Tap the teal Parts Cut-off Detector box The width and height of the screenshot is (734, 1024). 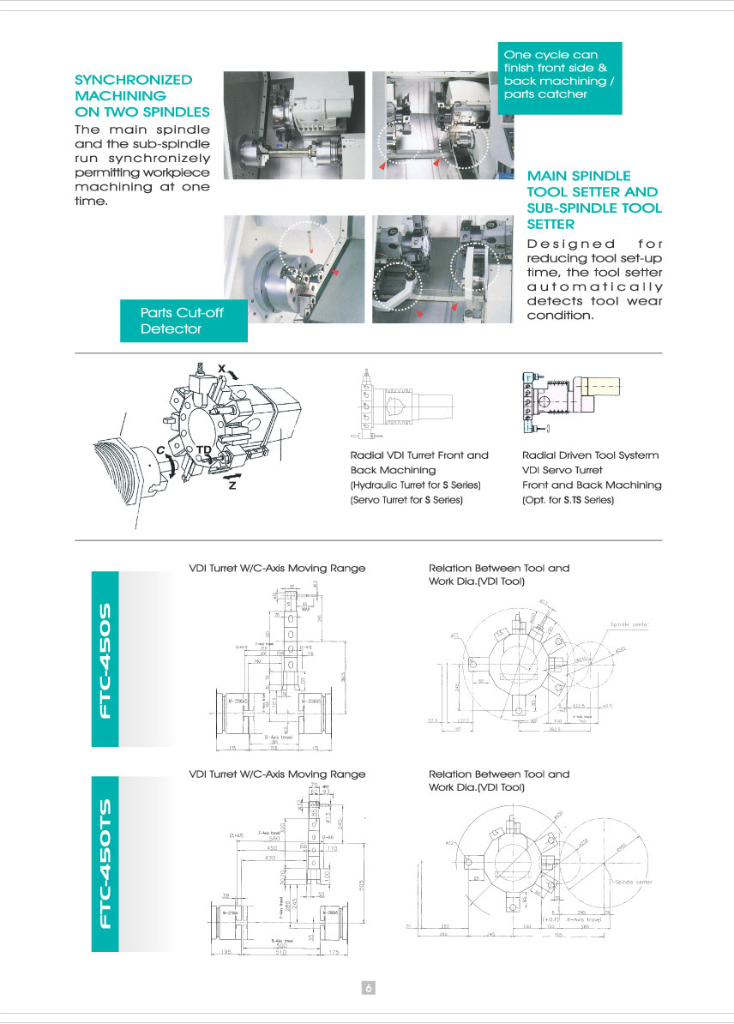pos(183,320)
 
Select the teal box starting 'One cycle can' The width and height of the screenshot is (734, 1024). pos(559,75)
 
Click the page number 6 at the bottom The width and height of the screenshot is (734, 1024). pos(367,987)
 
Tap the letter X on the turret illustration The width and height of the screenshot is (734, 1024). pos(221,368)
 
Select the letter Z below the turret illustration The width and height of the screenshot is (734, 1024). pos(232,486)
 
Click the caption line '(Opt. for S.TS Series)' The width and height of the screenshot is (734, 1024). pos(568,499)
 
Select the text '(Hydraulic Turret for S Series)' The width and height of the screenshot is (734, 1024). pos(415,485)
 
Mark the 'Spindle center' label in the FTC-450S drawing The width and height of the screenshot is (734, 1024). pos(630,623)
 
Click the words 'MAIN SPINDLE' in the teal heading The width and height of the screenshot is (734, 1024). pos(579,175)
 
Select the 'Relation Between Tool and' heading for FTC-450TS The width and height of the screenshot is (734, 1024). pos(498,774)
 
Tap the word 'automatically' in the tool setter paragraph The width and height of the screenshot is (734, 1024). pos(594,286)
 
